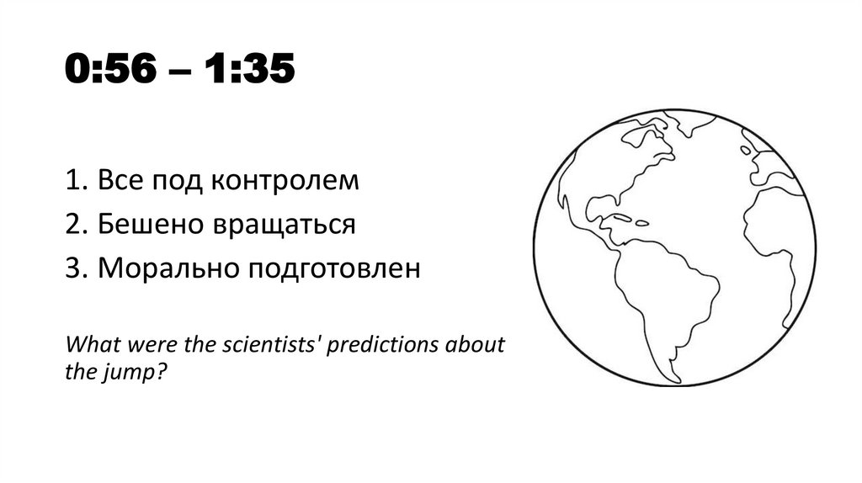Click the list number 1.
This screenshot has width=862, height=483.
coord(72,181)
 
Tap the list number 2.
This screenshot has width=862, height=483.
coord(72,226)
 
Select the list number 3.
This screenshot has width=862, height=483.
coord(72,269)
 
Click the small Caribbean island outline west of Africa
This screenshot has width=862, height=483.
coord(641,223)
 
